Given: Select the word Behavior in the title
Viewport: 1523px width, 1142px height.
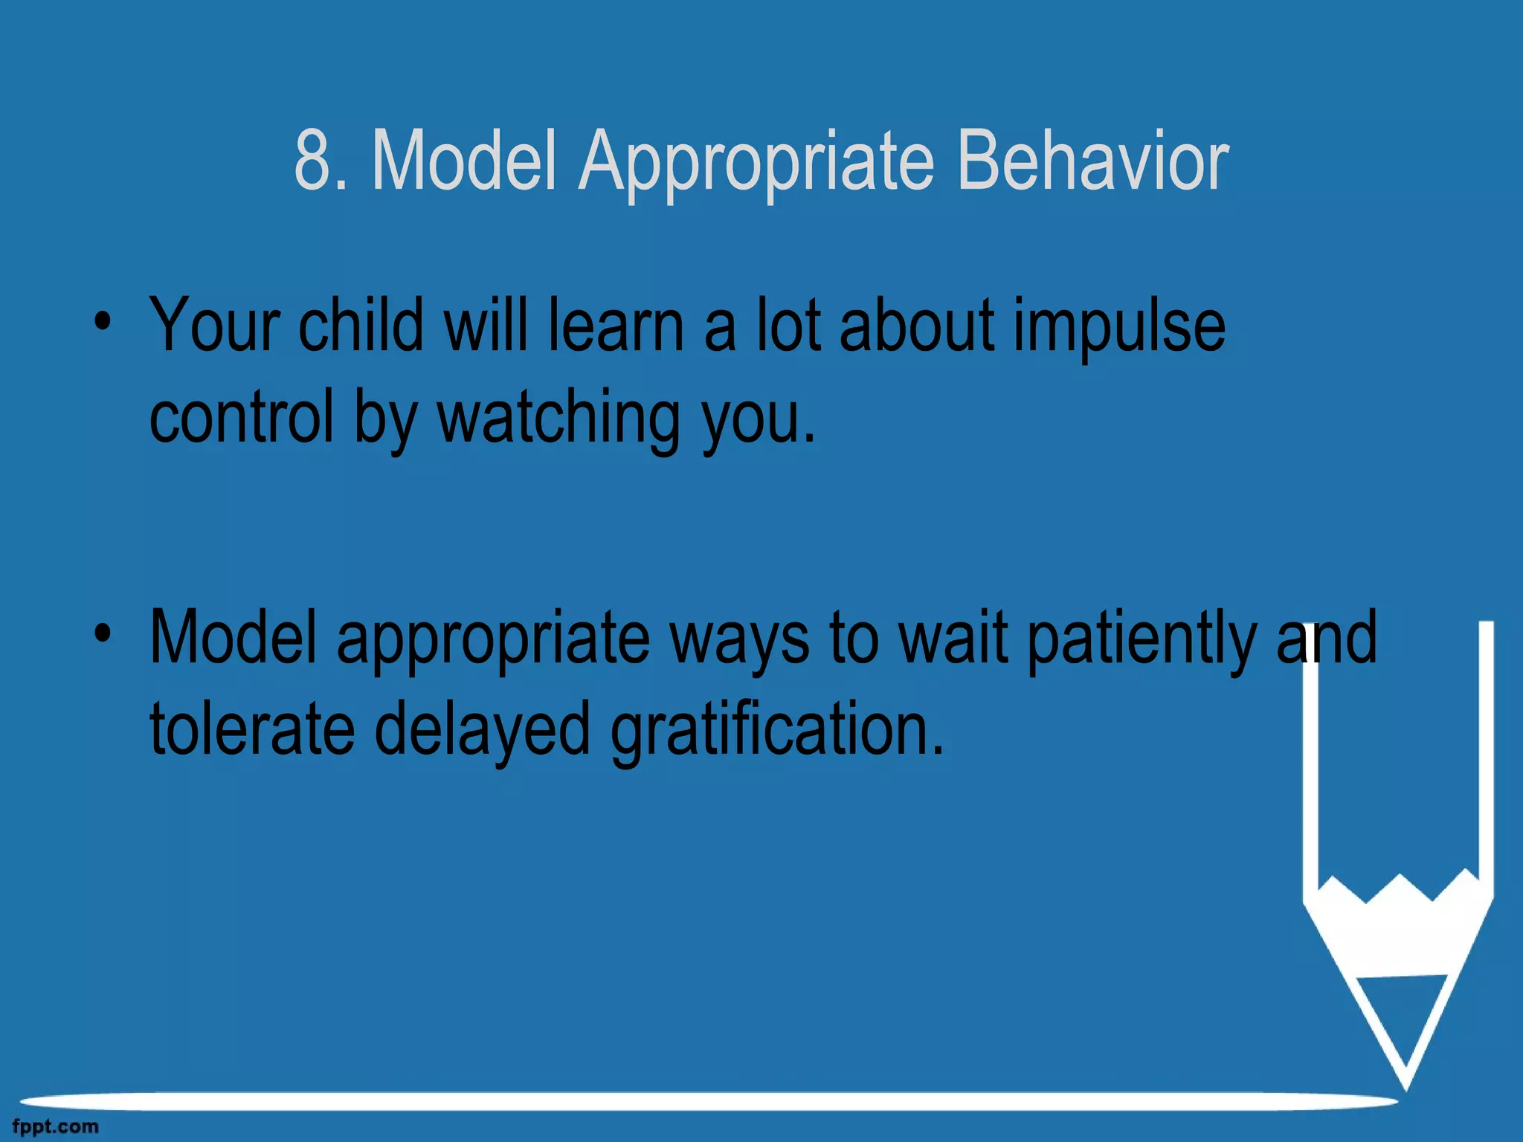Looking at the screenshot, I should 1092,161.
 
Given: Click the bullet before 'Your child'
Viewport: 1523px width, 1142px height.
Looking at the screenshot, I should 103,323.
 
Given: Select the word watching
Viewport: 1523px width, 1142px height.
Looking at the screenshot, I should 558,420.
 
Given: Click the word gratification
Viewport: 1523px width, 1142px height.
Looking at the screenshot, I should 777,732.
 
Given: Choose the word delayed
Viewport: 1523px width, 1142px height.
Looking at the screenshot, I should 482,732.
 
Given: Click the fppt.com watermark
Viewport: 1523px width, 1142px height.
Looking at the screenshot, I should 55,1126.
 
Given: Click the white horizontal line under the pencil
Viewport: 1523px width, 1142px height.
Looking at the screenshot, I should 706,1101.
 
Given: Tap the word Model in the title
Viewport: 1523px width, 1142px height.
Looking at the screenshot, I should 464,161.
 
